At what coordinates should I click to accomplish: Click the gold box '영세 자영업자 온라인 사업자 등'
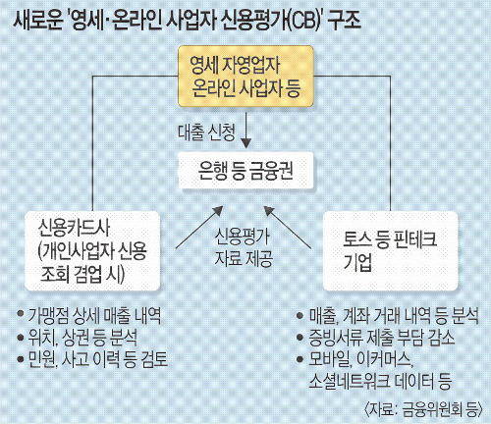pyautogui.click(x=245, y=77)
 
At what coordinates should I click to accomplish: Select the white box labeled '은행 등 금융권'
pyautogui.click(x=245, y=171)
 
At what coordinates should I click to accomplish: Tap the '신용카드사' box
pyautogui.click(x=92, y=250)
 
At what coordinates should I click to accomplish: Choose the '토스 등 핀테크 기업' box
pyautogui.click(x=390, y=250)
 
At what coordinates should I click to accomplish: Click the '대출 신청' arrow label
pyautogui.click(x=206, y=132)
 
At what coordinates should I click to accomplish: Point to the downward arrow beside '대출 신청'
pyautogui.click(x=245, y=131)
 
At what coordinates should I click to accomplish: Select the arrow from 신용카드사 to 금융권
pyautogui.click(x=199, y=227)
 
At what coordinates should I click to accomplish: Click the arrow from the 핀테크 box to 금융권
pyautogui.click(x=288, y=227)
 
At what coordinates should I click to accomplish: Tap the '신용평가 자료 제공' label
pyautogui.click(x=244, y=247)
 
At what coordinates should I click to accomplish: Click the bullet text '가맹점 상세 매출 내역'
pyautogui.click(x=94, y=315)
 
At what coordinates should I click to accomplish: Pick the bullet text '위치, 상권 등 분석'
pyautogui.click(x=82, y=338)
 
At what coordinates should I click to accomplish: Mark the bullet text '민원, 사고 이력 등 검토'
pyautogui.click(x=98, y=359)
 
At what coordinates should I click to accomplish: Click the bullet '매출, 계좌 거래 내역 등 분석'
pyautogui.click(x=394, y=315)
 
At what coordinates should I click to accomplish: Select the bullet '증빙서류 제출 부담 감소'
pyautogui.click(x=382, y=338)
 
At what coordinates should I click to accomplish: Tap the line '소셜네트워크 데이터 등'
pyautogui.click(x=380, y=381)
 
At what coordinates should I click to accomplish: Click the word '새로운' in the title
pyautogui.click(x=37, y=21)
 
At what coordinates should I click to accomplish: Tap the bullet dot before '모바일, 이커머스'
pyautogui.click(x=300, y=359)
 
